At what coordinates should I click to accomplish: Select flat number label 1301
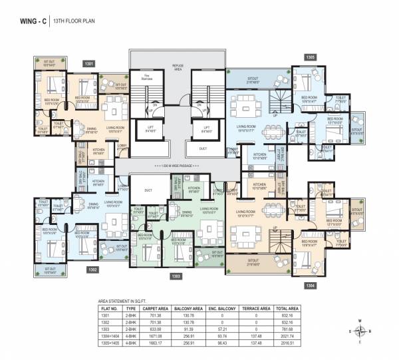[x=88, y=64]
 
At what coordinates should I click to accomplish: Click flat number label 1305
[x=310, y=57]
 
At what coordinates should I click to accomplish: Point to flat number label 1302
[x=92, y=270]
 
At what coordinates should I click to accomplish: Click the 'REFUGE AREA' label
[x=178, y=67]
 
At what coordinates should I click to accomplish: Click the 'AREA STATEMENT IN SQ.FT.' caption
[x=125, y=301]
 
